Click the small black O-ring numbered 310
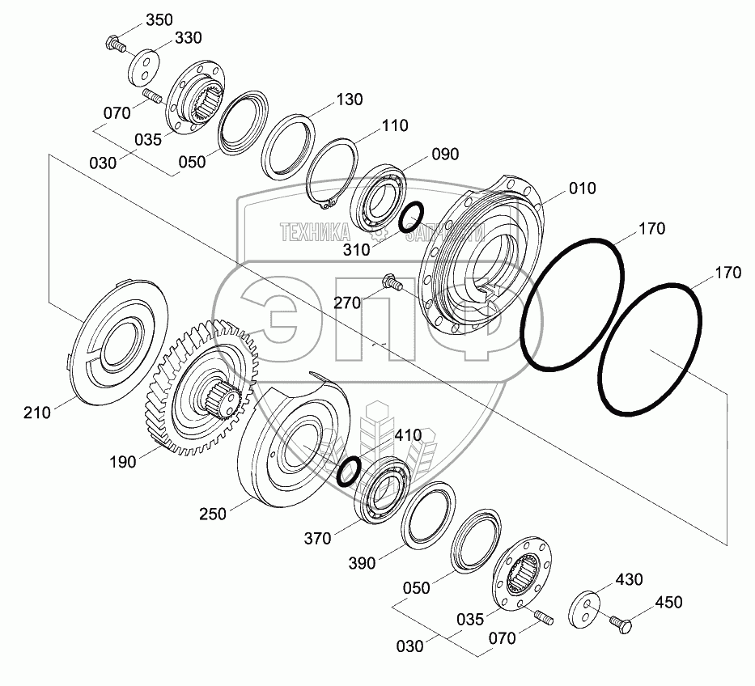(x=411, y=216)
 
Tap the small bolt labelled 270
(x=391, y=282)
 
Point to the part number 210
(x=36, y=413)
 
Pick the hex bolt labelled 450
(x=621, y=622)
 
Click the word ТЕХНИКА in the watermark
(x=314, y=233)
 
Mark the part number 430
(x=629, y=579)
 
